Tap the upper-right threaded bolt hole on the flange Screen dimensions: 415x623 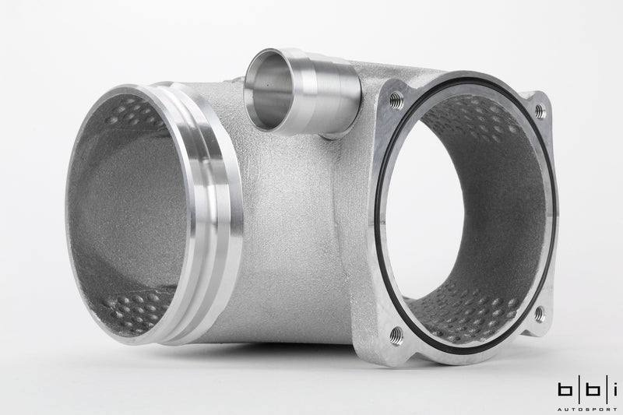tap(540, 113)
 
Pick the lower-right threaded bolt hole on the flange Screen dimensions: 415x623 tap(540, 314)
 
